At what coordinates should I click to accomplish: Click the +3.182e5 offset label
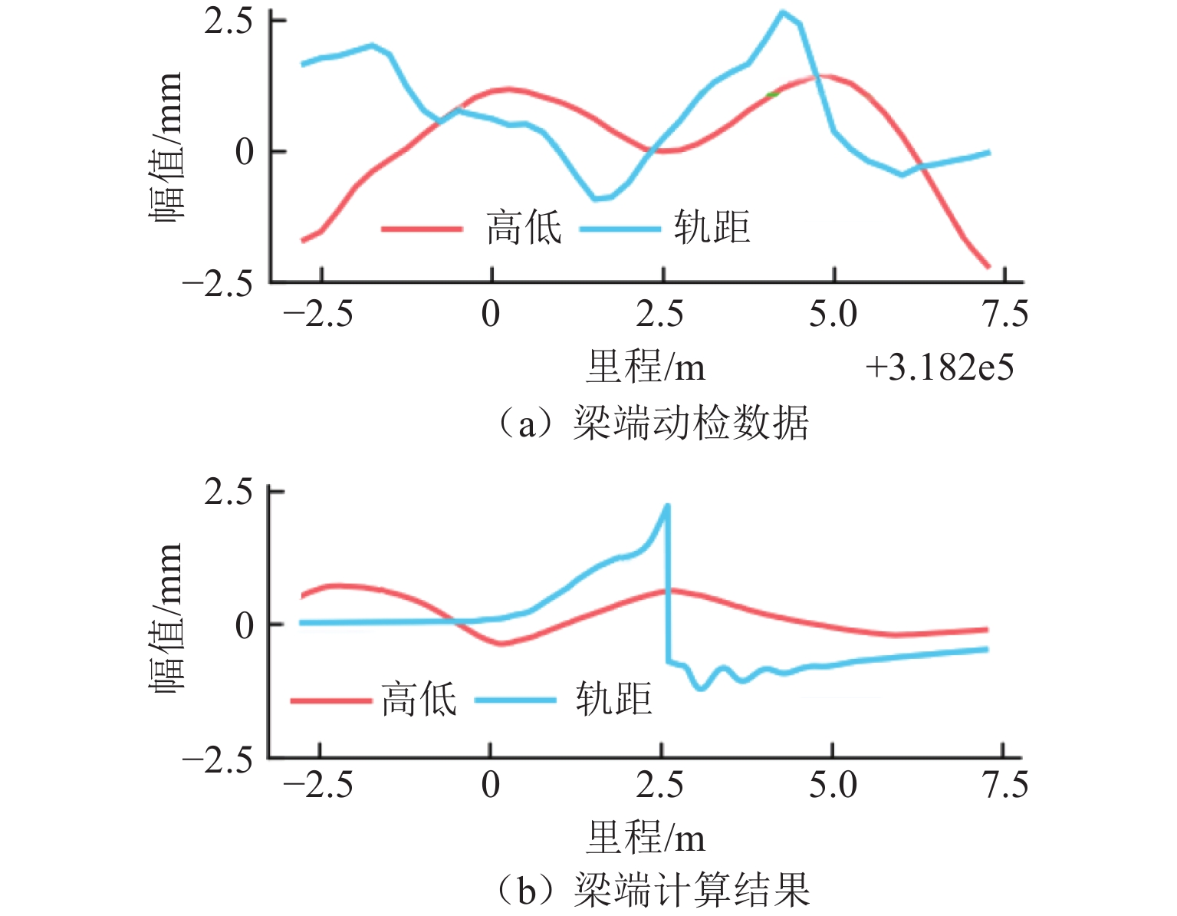(x=939, y=368)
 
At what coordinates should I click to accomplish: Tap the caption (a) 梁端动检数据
(x=653, y=423)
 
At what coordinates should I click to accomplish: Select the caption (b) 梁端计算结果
(x=653, y=891)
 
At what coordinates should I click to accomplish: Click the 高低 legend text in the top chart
(x=524, y=228)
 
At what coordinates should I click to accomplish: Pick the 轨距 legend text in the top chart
(x=712, y=228)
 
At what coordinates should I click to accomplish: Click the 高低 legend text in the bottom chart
(x=419, y=699)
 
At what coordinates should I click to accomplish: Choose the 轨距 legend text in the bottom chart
(x=613, y=699)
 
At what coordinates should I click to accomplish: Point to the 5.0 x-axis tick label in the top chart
(x=833, y=315)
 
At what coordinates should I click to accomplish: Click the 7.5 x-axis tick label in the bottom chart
(x=1005, y=786)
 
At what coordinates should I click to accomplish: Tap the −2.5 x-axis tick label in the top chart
(x=318, y=315)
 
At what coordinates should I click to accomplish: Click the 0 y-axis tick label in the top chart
(x=245, y=152)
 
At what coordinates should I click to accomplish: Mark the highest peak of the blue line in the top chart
(x=782, y=12)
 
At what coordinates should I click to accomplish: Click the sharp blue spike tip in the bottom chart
(x=667, y=506)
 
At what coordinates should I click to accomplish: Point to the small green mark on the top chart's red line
(x=772, y=94)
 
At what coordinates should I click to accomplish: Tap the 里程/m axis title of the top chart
(x=646, y=367)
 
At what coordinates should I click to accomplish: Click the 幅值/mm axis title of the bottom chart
(x=166, y=618)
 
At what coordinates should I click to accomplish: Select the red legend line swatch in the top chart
(x=422, y=229)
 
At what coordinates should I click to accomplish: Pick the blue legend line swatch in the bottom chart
(x=515, y=700)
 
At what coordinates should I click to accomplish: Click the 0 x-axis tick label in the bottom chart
(x=491, y=786)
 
